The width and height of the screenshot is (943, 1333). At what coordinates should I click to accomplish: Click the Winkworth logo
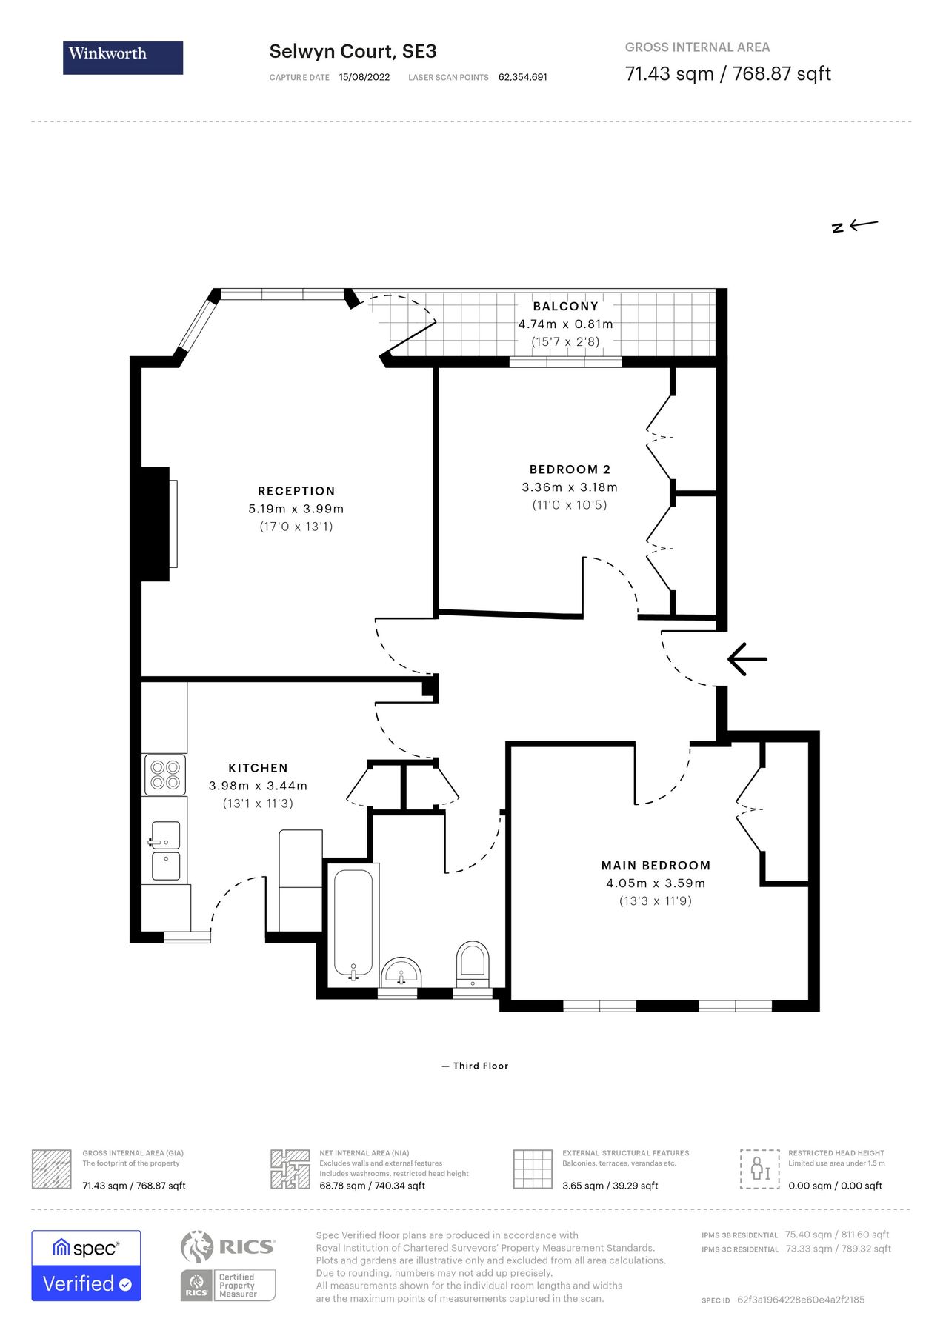pyautogui.click(x=122, y=57)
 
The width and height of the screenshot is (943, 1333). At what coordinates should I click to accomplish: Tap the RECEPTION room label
pyautogui.click(x=296, y=491)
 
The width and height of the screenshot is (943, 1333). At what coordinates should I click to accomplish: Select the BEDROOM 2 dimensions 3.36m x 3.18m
pyautogui.click(x=569, y=487)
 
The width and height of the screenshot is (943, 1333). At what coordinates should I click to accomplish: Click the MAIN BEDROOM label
pyautogui.click(x=656, y=865)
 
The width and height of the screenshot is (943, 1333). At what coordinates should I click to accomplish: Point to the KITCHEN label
pyautogui.click(x=258, y=768)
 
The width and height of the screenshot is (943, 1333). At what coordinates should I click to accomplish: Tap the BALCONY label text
pyautogui.click(x=565, y=306)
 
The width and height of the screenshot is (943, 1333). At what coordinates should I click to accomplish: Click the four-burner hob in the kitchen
pyautogui.click(x=164, y=775)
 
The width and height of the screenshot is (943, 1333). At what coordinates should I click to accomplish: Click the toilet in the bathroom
pyautogui.click(x=473, y=963)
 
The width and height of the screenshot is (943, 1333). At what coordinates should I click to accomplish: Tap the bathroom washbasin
pyautogui.click(x=401, y=972)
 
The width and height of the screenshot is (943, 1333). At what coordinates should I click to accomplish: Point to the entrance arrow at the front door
pyautogui.click(x=747, y=658)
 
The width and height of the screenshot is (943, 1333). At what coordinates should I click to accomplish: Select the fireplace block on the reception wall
pyautogui.click(x=155, y=524)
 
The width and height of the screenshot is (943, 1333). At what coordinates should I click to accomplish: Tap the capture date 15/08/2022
pyautogui.click(x=364, y=77)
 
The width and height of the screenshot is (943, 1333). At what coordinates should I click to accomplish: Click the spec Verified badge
pyautogui.click(x=86, y=1266)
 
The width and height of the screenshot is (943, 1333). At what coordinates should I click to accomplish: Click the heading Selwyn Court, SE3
pyautogui.click(x=353, y=51)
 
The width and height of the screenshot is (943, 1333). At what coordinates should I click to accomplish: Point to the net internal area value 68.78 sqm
pyautogui.click(x=372, y=1186)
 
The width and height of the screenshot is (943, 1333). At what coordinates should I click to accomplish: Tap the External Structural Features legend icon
pyautogui.click(x=533, y=1169)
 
